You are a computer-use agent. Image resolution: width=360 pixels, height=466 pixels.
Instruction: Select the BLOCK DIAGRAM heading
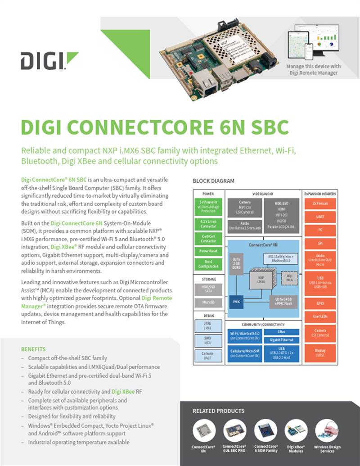[x=213, y=181]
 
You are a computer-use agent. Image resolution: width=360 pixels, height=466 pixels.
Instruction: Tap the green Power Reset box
[x=208, y=251]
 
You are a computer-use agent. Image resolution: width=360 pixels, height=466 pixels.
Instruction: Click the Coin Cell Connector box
[x=208, y=238]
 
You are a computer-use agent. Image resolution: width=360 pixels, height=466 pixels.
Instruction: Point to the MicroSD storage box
[x=208, y=303]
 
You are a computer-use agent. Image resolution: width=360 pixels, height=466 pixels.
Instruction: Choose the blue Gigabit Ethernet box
[x=281, y=340]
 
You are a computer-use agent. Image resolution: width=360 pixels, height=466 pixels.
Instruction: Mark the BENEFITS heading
[x=33, y=349]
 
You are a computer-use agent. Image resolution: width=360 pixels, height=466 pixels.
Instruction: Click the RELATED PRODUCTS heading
[x=218, y=411]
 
